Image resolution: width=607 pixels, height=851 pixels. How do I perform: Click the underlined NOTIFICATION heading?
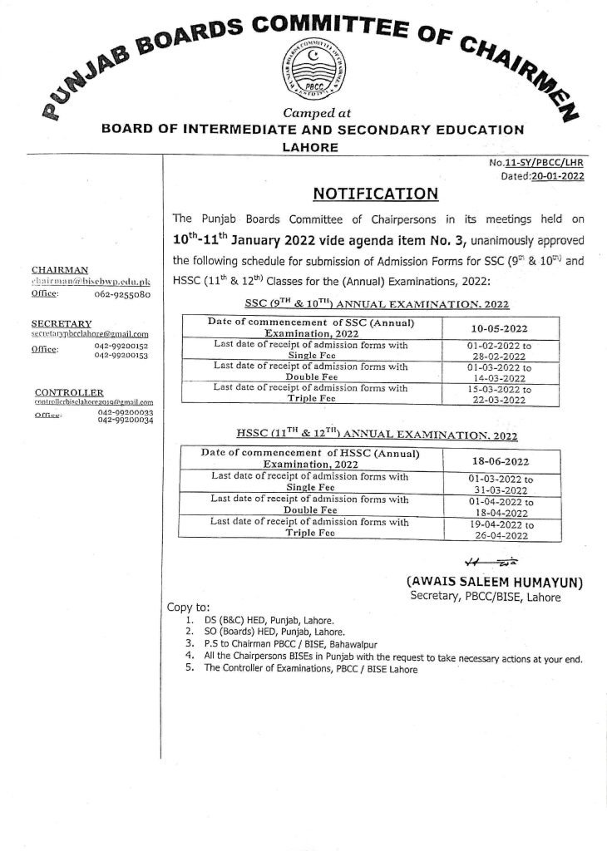(x=375, y=194)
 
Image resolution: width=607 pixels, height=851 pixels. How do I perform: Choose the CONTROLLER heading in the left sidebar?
(x=69, y=391)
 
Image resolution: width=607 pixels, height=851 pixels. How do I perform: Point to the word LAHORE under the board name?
(x=312, y=146)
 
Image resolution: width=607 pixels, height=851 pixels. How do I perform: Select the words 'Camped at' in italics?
(x=312, y=112)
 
